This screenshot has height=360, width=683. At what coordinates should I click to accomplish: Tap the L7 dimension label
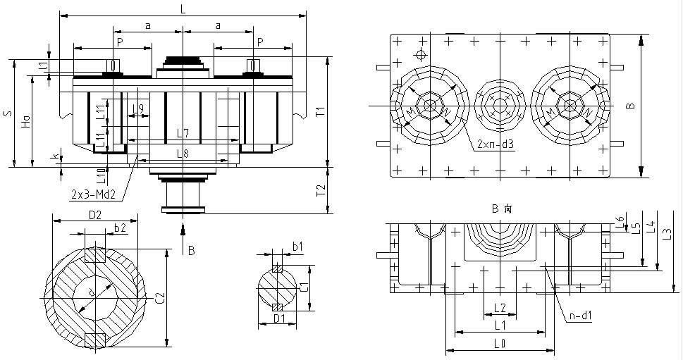pos(183,133)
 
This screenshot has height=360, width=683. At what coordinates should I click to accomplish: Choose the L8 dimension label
pos(183,153)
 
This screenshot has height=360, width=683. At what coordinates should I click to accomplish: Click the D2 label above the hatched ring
pos(95,213)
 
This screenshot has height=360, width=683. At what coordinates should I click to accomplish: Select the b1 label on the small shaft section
pos(297,246)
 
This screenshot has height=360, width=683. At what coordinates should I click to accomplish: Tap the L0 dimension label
pos(499,345)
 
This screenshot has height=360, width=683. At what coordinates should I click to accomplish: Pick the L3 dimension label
pos(667,232)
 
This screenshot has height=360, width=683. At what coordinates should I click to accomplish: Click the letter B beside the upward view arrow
pos(190,249)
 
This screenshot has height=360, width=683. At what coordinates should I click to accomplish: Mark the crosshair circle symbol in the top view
pos(421,55)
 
